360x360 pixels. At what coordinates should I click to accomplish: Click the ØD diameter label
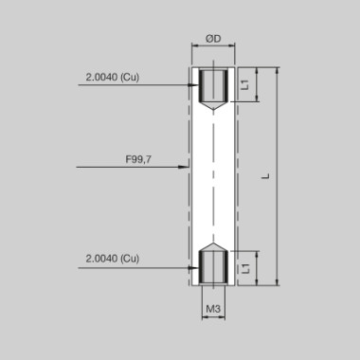click(x=213, y=39)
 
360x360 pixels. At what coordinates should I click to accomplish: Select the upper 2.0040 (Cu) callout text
click(x=111, y=77)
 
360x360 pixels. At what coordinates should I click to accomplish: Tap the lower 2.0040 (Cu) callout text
click(x=111, y=258)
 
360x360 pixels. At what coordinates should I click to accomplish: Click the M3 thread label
click(x=213, y=310)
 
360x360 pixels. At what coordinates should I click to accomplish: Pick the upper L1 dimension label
click(x=245, y=85)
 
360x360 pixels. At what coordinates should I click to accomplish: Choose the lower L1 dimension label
click(x=245, y=267)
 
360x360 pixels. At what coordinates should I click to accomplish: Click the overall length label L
click(x=266, y=175)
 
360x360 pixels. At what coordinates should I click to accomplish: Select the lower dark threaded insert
click(x=213, y=267)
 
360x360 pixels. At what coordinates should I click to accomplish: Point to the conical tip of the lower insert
click(x=213, y=246)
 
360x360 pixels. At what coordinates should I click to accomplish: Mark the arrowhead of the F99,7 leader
click(x=186, y=168)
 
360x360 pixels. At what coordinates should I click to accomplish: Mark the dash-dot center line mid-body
click(x=213, y=175)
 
